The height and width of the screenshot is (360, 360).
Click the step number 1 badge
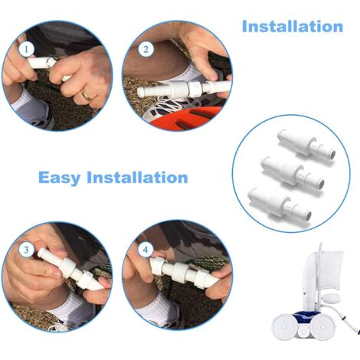tap(27, 49)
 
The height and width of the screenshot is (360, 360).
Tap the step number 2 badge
tap(146, 49)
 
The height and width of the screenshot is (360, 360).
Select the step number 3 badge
tap(26, 250)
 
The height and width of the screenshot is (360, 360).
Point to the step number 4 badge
tap(146, 249)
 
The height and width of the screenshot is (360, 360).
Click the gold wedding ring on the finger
tap(86, 96)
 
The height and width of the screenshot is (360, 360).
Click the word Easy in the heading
tap(60, 178)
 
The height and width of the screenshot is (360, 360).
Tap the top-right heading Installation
tap(293, 27)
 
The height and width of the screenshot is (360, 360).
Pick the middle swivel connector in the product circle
tap(293, 173)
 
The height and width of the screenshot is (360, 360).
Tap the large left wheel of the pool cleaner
tap(284, 327)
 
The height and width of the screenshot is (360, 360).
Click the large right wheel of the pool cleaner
tap(323, 328)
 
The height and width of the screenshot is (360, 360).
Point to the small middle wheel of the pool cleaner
tap(304, 330)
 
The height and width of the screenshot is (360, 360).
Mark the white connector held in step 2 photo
tap(182, 89)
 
